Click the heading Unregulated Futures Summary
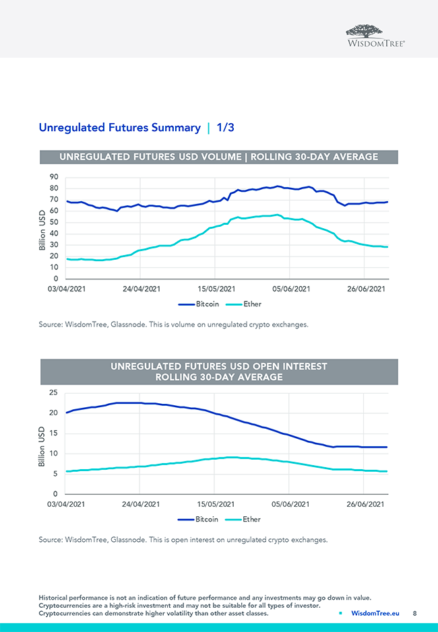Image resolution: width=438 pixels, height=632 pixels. point(120,127)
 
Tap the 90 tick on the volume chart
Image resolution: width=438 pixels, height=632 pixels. point(53,177)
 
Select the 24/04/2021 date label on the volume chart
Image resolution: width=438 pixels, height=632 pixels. point(140,289)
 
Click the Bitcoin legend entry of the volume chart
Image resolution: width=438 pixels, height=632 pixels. point(200,304)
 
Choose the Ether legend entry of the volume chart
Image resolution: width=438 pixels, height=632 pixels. point(246,304)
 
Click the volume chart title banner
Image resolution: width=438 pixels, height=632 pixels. point(218,157)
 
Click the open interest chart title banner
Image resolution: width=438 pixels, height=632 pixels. point(218,372)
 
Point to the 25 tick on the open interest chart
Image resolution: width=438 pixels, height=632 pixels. point(53,392)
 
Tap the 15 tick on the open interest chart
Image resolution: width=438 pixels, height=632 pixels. point(53,433)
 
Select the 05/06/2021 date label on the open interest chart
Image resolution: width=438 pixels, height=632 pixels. point(290,504)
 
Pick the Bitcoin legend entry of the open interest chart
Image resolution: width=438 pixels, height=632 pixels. point(200,520)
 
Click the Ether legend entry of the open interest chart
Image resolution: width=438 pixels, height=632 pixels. point(246,520)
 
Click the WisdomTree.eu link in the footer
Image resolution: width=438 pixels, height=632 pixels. point(375,613)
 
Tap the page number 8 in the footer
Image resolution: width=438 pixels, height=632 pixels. point(415,613)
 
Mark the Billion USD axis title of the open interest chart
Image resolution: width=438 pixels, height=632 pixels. point(42,444)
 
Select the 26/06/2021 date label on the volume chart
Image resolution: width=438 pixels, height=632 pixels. point(365,289)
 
